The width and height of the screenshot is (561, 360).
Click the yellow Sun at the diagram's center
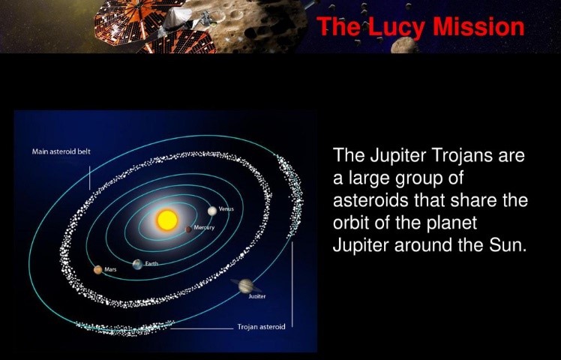pos(166,220)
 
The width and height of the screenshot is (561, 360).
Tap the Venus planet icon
pos(213,211)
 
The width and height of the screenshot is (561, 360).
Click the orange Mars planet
pos(97,270)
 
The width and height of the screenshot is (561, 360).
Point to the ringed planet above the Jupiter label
pos(246,285)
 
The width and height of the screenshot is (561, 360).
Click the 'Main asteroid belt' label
pos(61,151)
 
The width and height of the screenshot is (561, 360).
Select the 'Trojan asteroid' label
pos(261,327)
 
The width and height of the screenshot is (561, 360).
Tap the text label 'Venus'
pos(226,208)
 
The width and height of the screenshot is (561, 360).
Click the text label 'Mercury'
pos(205,226)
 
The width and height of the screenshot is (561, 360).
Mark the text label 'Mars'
pos(110,269)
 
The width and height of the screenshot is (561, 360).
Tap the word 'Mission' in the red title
pos(474,26)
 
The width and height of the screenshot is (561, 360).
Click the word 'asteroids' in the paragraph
pos(366,201)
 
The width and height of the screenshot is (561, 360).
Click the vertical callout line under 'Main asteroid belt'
pos(89,175)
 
